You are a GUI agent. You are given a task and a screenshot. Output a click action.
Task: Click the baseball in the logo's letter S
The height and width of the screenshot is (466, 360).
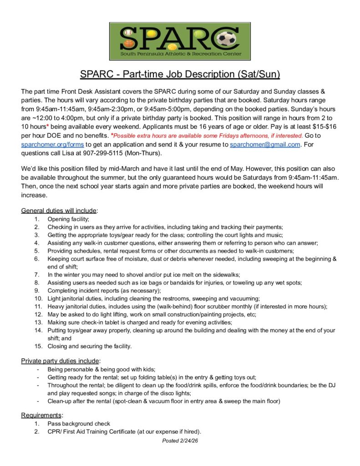(x=127, y=33)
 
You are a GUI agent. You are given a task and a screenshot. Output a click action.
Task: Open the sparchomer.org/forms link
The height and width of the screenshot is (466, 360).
(x=52, y=145)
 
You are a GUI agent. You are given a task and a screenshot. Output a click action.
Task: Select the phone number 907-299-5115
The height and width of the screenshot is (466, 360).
(x=112, y=153)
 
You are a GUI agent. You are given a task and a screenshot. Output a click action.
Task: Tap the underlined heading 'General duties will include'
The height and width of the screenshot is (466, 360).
(x=59, y=211)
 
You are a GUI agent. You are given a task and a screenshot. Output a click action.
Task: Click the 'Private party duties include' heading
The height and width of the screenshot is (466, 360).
(x=61, y=361)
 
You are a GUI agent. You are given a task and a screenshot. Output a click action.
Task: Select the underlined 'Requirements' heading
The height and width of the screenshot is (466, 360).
(x=42, y=415)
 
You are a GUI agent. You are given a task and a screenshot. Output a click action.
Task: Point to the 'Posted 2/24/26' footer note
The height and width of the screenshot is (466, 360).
(x=180, y=441)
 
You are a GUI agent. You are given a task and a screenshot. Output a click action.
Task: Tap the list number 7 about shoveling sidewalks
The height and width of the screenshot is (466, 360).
(x=37, y=275)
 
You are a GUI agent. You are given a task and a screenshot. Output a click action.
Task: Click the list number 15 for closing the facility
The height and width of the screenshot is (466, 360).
(x=36, y=346)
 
